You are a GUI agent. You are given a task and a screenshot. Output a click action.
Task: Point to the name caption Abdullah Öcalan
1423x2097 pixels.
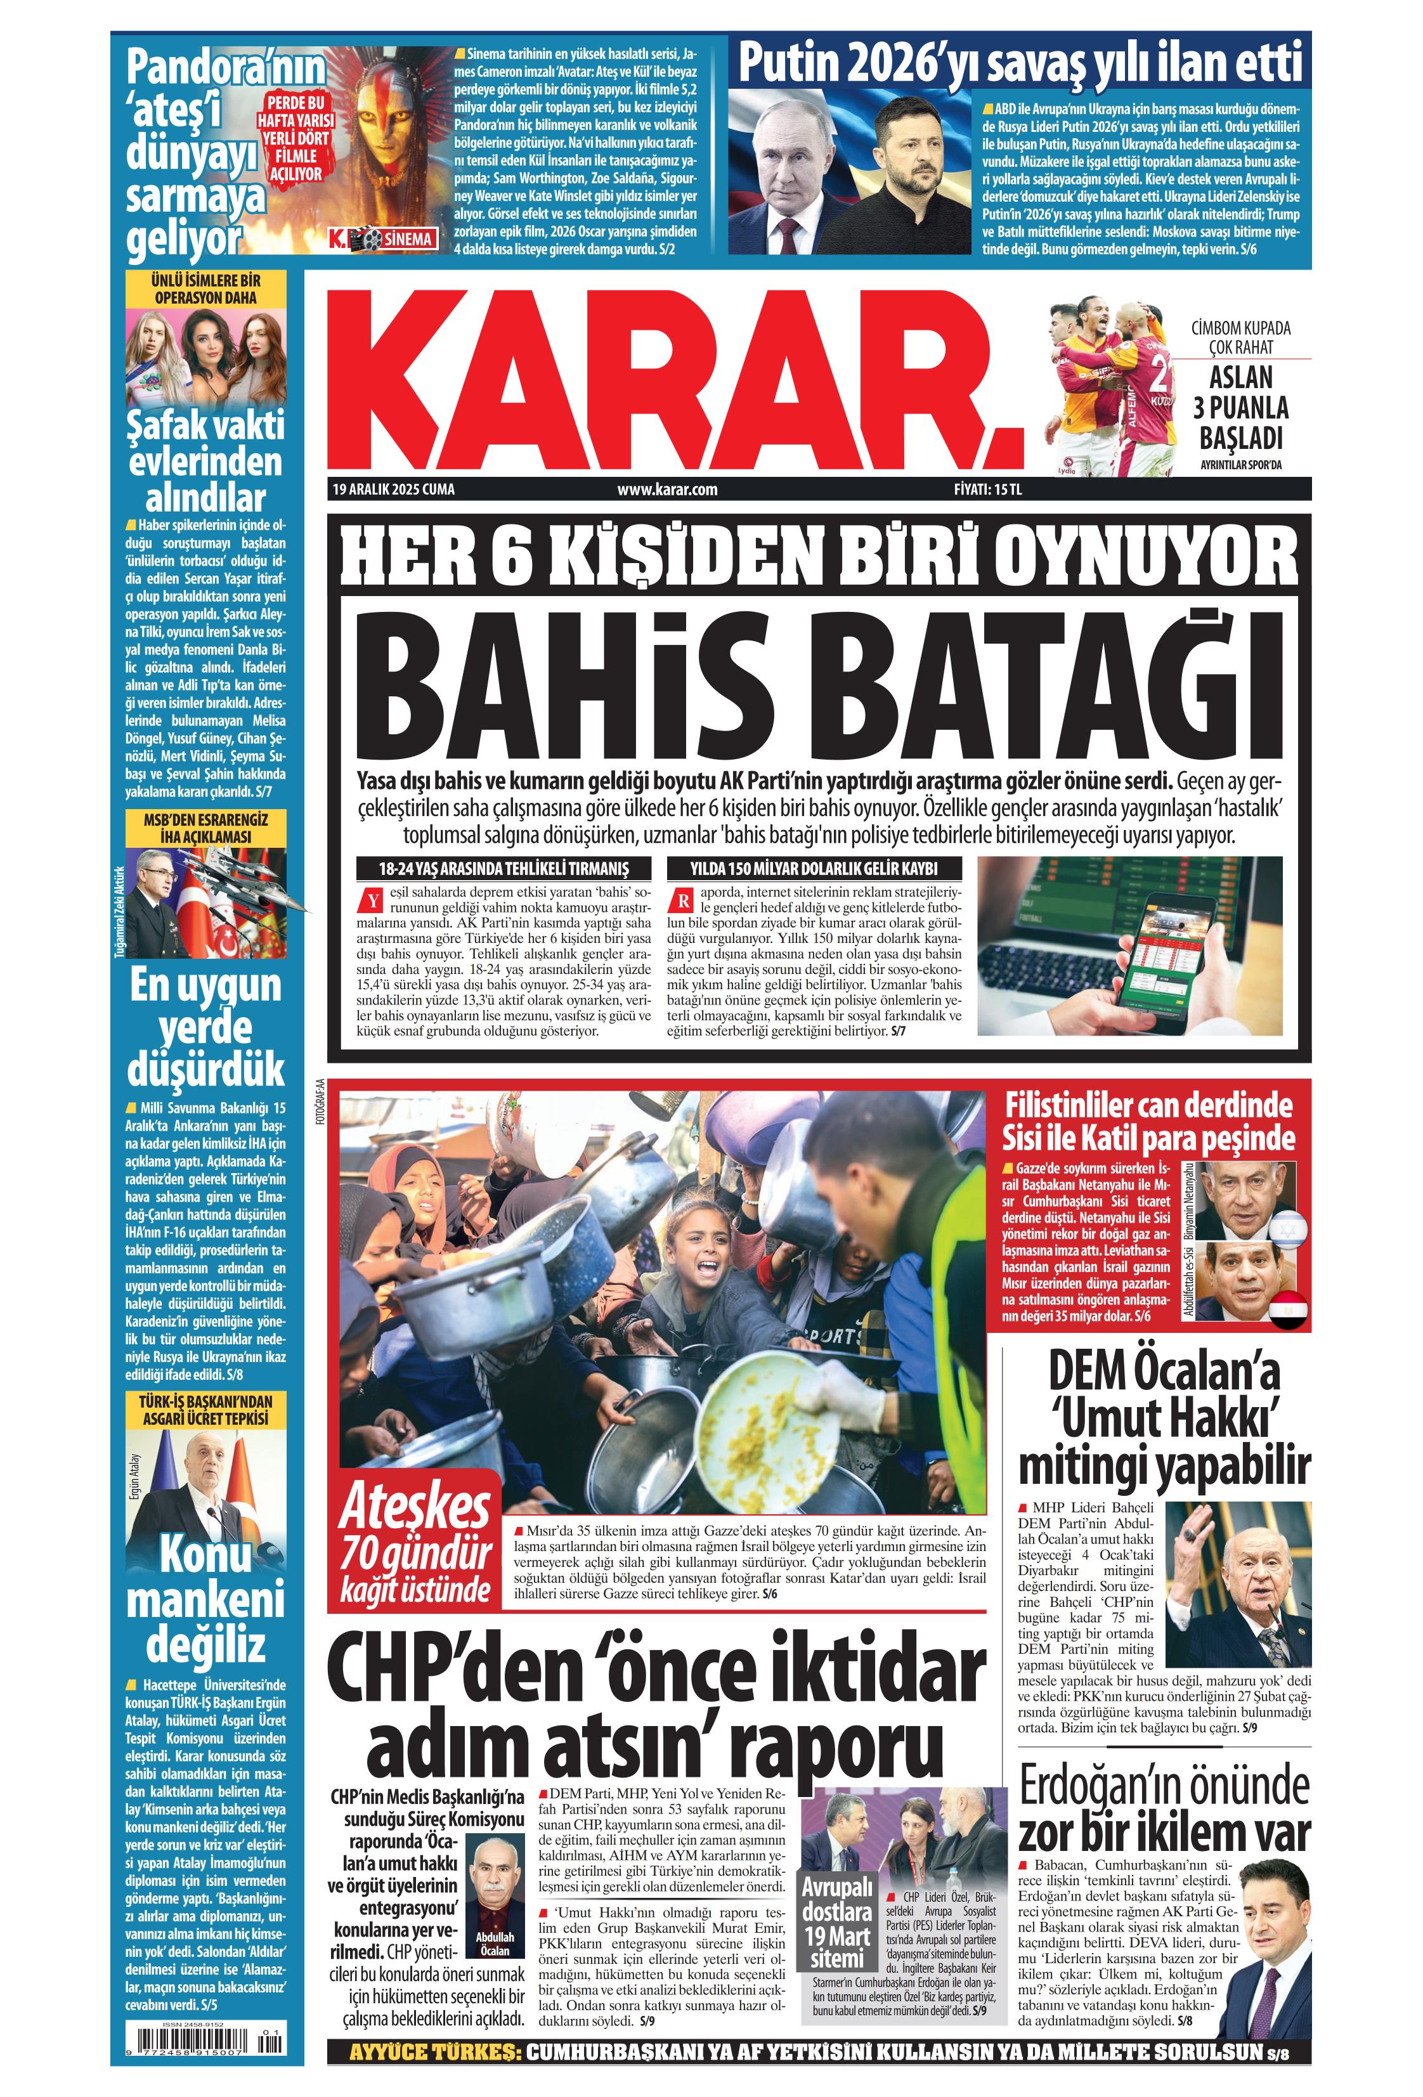point(495,1942)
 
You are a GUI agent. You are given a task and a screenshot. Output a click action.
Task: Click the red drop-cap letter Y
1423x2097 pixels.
point(369,900)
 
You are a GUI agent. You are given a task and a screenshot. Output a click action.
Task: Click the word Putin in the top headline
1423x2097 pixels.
point(788,63)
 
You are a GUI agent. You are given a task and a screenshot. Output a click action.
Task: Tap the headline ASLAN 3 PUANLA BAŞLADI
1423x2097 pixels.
point(1241,407)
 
